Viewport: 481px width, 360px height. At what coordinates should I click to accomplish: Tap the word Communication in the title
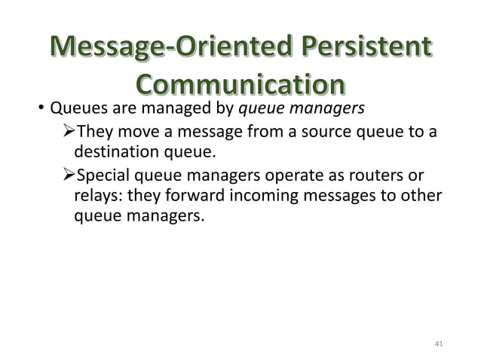[x=240, y=85]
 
